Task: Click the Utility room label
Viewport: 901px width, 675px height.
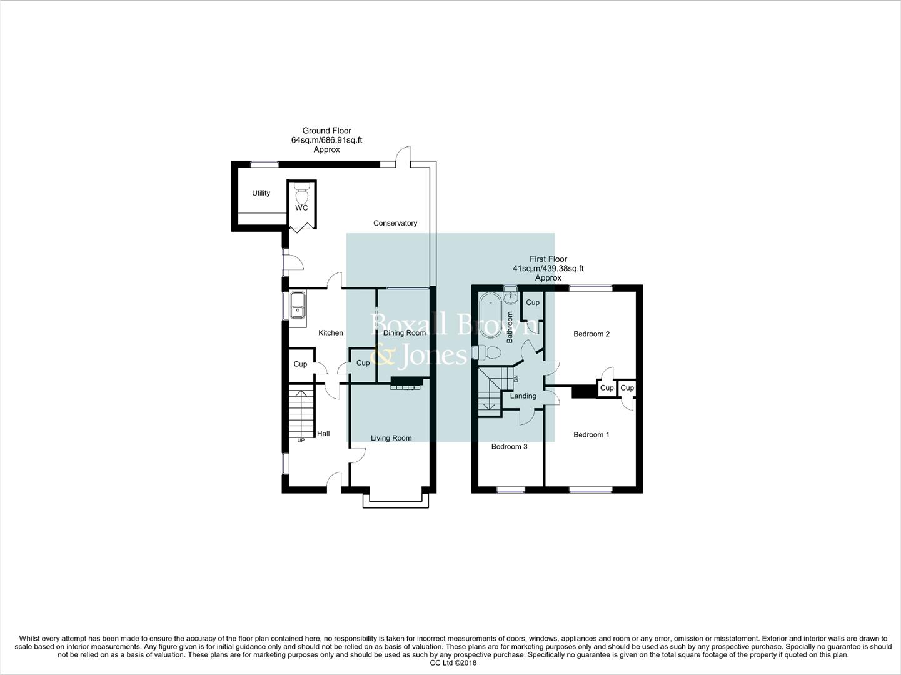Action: (261, 193)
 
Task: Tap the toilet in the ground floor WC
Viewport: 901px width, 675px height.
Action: (301, 190)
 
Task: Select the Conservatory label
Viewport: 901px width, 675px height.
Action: (395, 223)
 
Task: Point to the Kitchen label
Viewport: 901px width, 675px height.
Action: (330, 333)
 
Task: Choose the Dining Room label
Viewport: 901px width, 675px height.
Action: (404, 333)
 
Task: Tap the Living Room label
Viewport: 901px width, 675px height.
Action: (391, 438)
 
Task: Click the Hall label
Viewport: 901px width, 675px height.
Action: (323, 434)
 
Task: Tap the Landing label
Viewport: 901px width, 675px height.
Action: (523, 396)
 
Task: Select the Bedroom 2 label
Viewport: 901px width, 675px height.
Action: (591, 334)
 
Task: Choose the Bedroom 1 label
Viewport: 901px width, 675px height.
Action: (591, 435)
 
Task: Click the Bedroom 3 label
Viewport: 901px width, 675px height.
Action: (509, 447)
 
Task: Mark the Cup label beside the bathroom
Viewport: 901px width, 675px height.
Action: (532, 302)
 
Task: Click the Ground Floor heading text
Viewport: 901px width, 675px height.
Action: (326, 131)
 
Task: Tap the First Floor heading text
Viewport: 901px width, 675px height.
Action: (548, 259)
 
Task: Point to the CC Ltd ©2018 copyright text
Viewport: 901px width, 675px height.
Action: (450, 663)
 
